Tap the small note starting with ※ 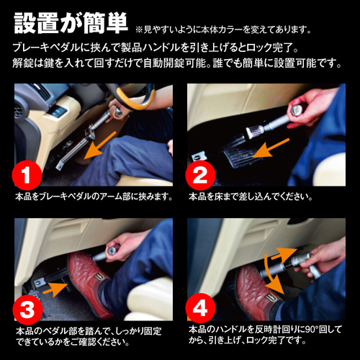224,30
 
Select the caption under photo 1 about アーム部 94,196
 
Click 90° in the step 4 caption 312,328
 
